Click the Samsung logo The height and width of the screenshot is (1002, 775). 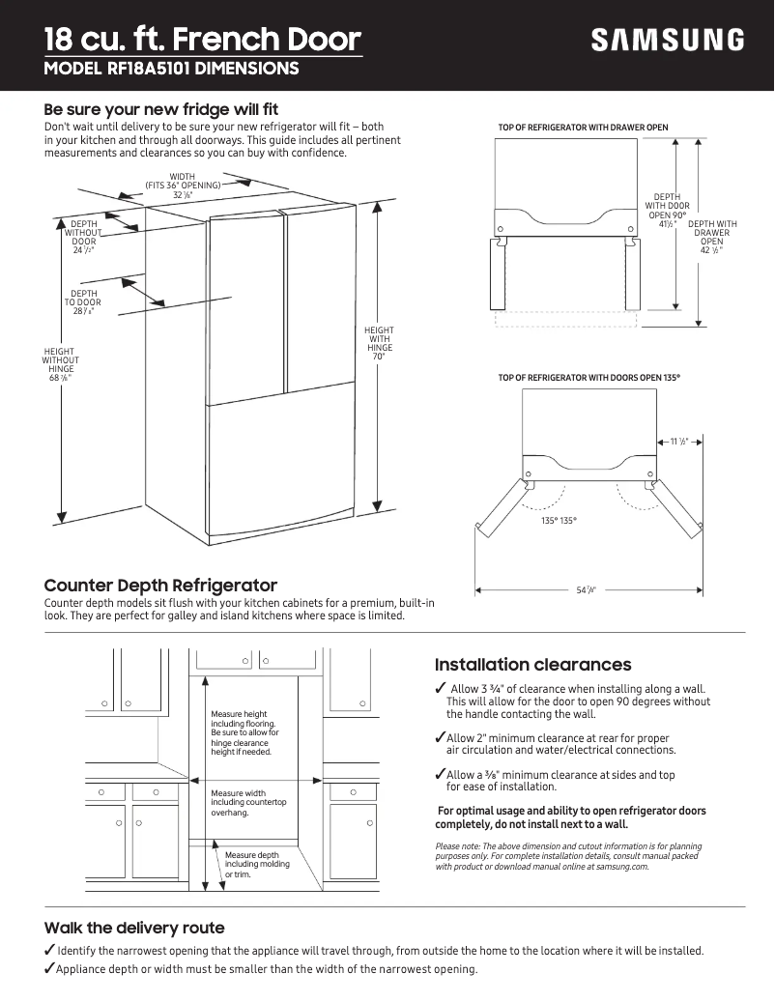click(x=668, y=41)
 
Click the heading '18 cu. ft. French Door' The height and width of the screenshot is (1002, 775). click(x=203, y=40)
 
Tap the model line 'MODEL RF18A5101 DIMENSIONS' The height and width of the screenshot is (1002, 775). click(x=171, y=70)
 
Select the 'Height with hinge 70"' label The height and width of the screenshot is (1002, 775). click(x=379, y=343)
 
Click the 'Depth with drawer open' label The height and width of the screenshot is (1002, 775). click(x=711, y=238)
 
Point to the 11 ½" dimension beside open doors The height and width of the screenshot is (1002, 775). click(x=678, y=442)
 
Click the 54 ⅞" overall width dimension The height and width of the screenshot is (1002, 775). click(x=586, y=589)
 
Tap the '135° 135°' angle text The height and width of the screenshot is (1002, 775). click(x=559, y=521)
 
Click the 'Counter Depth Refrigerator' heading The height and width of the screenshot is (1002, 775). click(x=160, y=586)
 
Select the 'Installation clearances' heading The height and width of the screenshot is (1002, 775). click(x=532, y=665)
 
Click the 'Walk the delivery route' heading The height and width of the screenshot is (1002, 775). click(x=134, y=928)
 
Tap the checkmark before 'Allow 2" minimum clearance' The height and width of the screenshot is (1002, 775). click(x=440, y=738)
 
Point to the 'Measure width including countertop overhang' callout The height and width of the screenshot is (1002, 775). click(x=248, y=803)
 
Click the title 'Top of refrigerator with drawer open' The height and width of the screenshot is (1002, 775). click(x=583, y=128)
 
